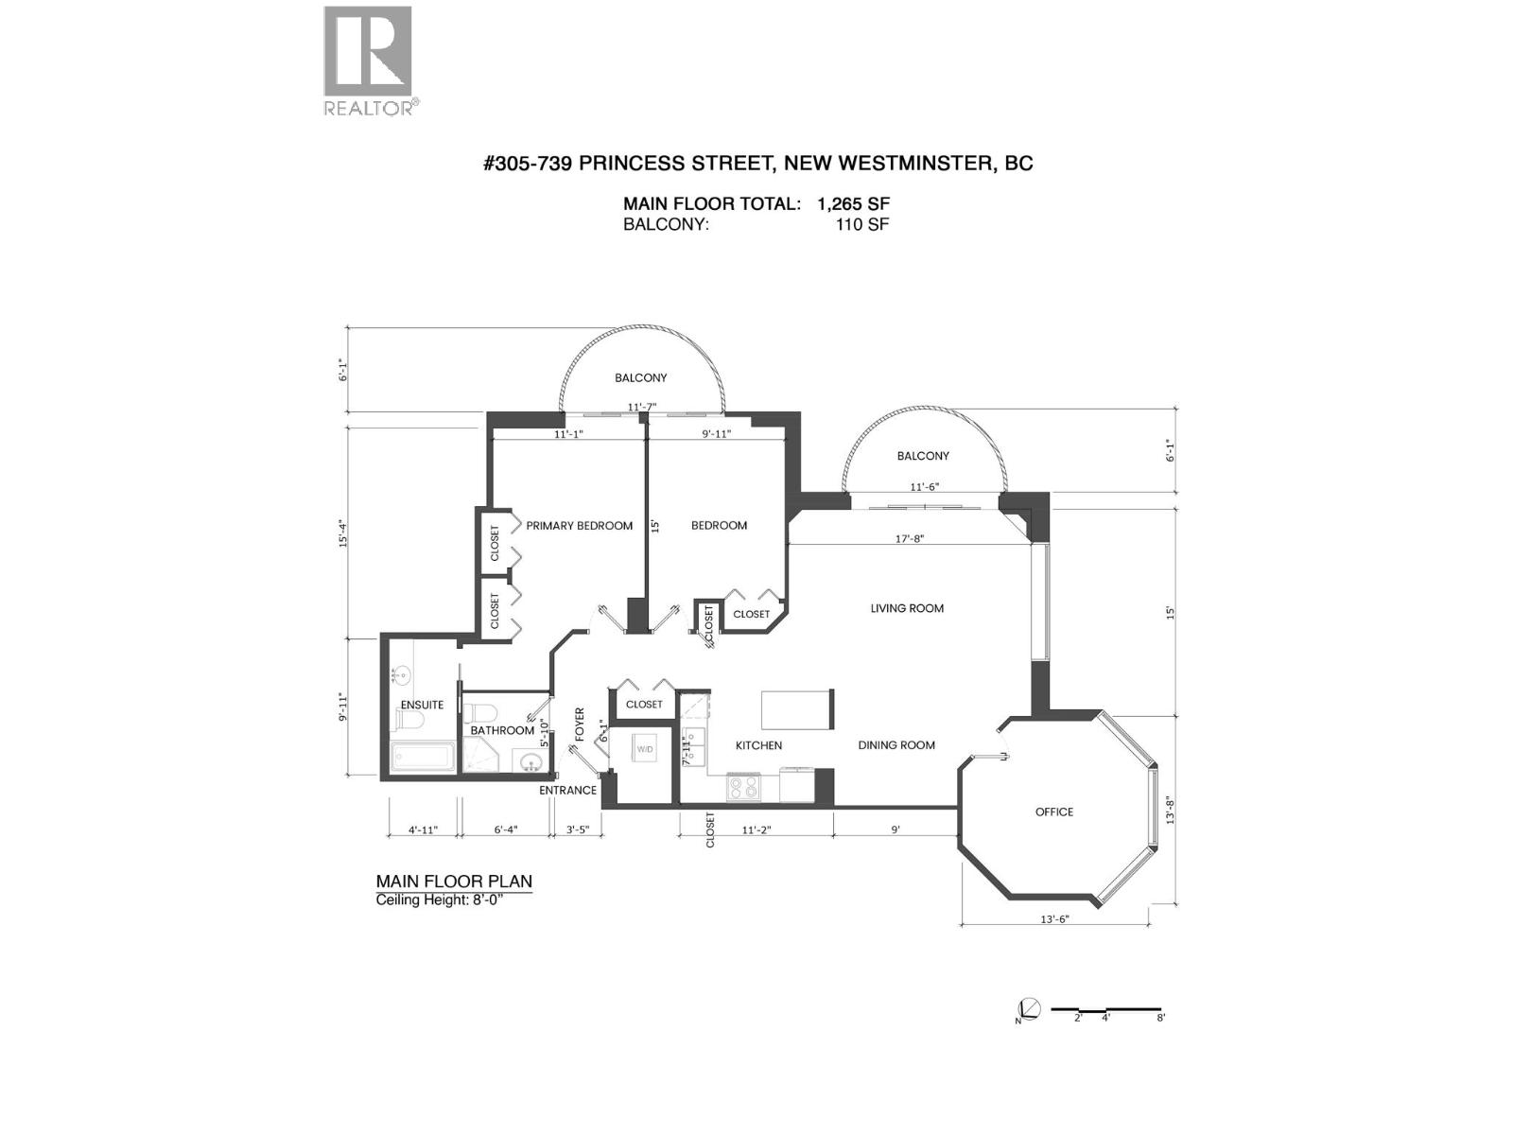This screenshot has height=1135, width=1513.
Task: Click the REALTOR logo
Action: tap(368, 60)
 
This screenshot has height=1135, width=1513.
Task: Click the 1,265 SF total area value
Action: tap(853, 203)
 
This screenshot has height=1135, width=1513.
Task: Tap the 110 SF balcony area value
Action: tap(861, 225)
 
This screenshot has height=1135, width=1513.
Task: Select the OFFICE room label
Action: tap(1053, 812)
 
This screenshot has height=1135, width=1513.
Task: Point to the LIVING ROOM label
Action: tap(907, 608)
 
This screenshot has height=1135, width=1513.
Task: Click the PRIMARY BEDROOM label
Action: tap(579, 526)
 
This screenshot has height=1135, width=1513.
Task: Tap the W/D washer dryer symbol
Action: tap(645, 749)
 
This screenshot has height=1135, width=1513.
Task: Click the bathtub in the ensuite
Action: tap(423, 758)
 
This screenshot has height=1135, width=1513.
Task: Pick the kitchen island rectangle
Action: tap(796, 708)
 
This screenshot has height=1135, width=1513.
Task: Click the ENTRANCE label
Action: tap(567, 791)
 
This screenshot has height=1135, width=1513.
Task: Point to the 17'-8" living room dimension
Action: tap(909, 538)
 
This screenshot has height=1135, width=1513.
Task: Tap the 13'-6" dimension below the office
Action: tap(1054, 918)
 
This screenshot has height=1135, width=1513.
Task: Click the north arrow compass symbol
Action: tap(1029, 1009)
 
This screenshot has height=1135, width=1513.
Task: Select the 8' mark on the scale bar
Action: tap(1160, 1018)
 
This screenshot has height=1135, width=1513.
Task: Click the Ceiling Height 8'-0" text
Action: tap(440, 899)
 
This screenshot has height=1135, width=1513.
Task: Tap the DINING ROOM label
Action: tap(896, 745)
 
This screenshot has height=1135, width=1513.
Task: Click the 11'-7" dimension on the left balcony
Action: tap(642, 408)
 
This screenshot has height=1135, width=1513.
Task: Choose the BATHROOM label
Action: tap(502, 730)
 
